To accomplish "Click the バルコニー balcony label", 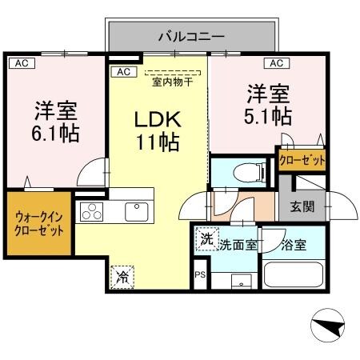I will coord(191,36).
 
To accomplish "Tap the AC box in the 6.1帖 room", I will coord(19,62).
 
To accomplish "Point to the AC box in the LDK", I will coord(123,72).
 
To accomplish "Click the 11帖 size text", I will coord(157,145).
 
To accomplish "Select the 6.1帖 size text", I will coord(56,132).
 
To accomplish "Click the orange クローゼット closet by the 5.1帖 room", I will coord(302,161).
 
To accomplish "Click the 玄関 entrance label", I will coord(302,207).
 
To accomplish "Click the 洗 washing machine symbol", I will coord(207,239).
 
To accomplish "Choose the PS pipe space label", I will coord(200,274).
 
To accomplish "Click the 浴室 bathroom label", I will coord(294,245).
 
